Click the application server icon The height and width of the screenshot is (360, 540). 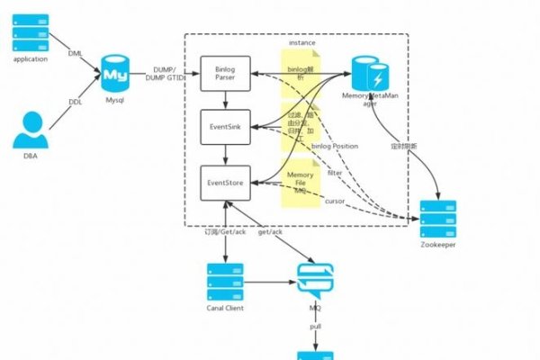[30, 33]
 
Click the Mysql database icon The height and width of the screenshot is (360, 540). [114, 72]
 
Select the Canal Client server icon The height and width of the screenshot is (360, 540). [225, 282]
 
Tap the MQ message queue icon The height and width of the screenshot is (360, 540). [315, 282]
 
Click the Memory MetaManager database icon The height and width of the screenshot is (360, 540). [366, 73]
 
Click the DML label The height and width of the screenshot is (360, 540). [76, 53]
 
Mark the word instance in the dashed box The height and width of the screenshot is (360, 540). [301, 42]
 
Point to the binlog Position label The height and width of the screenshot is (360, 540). [333, 146]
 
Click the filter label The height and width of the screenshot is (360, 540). [334, 173]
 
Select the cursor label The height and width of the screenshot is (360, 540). [334, 200]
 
